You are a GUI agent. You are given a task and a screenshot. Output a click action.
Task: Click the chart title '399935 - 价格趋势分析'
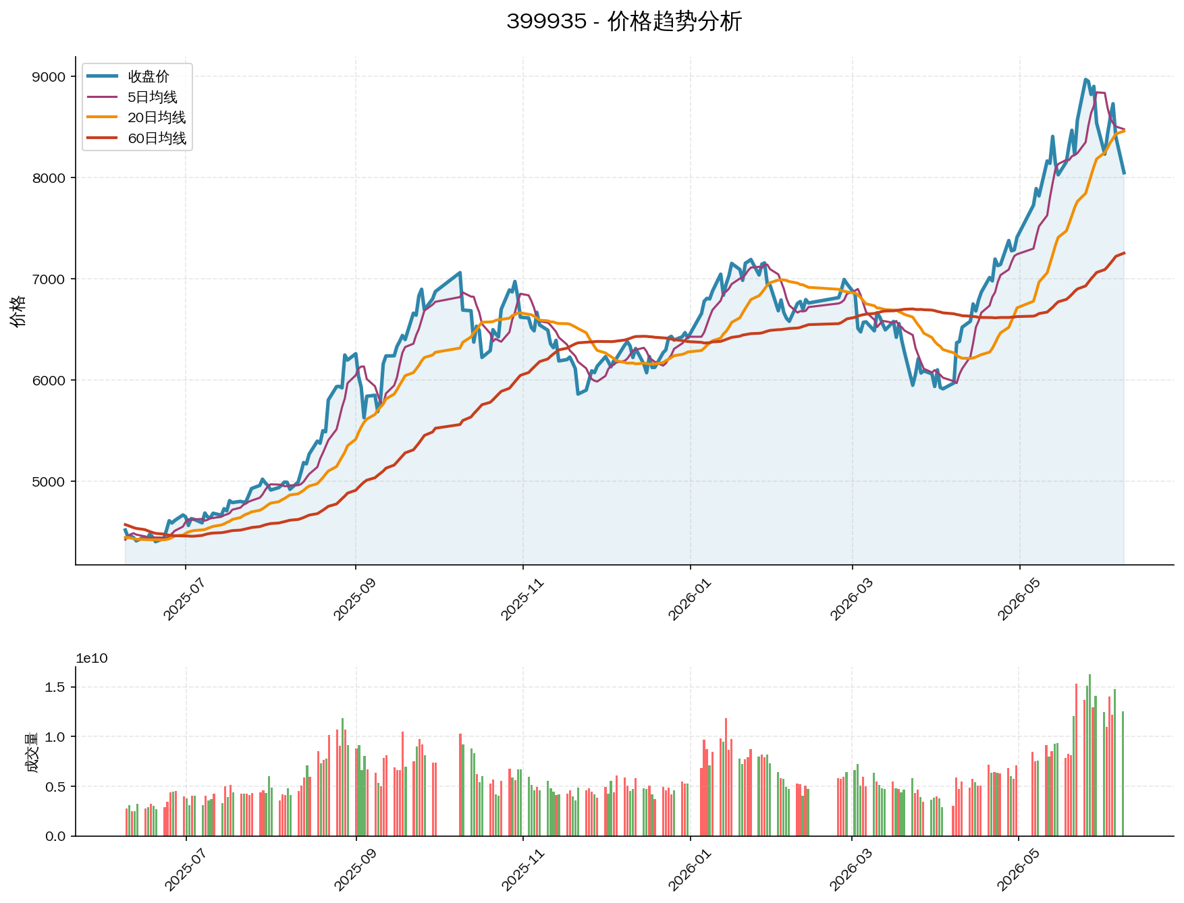click(624, 22)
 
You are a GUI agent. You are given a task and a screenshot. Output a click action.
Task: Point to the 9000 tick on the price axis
click(49, 77)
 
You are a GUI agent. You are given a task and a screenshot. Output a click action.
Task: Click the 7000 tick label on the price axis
click(49, 279)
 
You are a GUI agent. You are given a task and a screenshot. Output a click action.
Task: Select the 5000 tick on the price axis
click(49, 482)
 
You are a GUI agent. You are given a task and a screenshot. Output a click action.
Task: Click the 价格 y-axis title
click(18, 310)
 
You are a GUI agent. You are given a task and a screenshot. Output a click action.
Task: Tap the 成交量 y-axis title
click(31, 752)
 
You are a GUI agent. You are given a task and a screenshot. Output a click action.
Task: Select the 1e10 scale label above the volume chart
click(92, 659)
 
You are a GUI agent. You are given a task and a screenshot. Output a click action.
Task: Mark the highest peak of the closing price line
click(1085, 80)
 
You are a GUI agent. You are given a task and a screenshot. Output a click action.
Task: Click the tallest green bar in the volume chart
click(1089, 755)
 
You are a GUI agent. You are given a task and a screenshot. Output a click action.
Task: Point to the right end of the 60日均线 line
click(1124, 253)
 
